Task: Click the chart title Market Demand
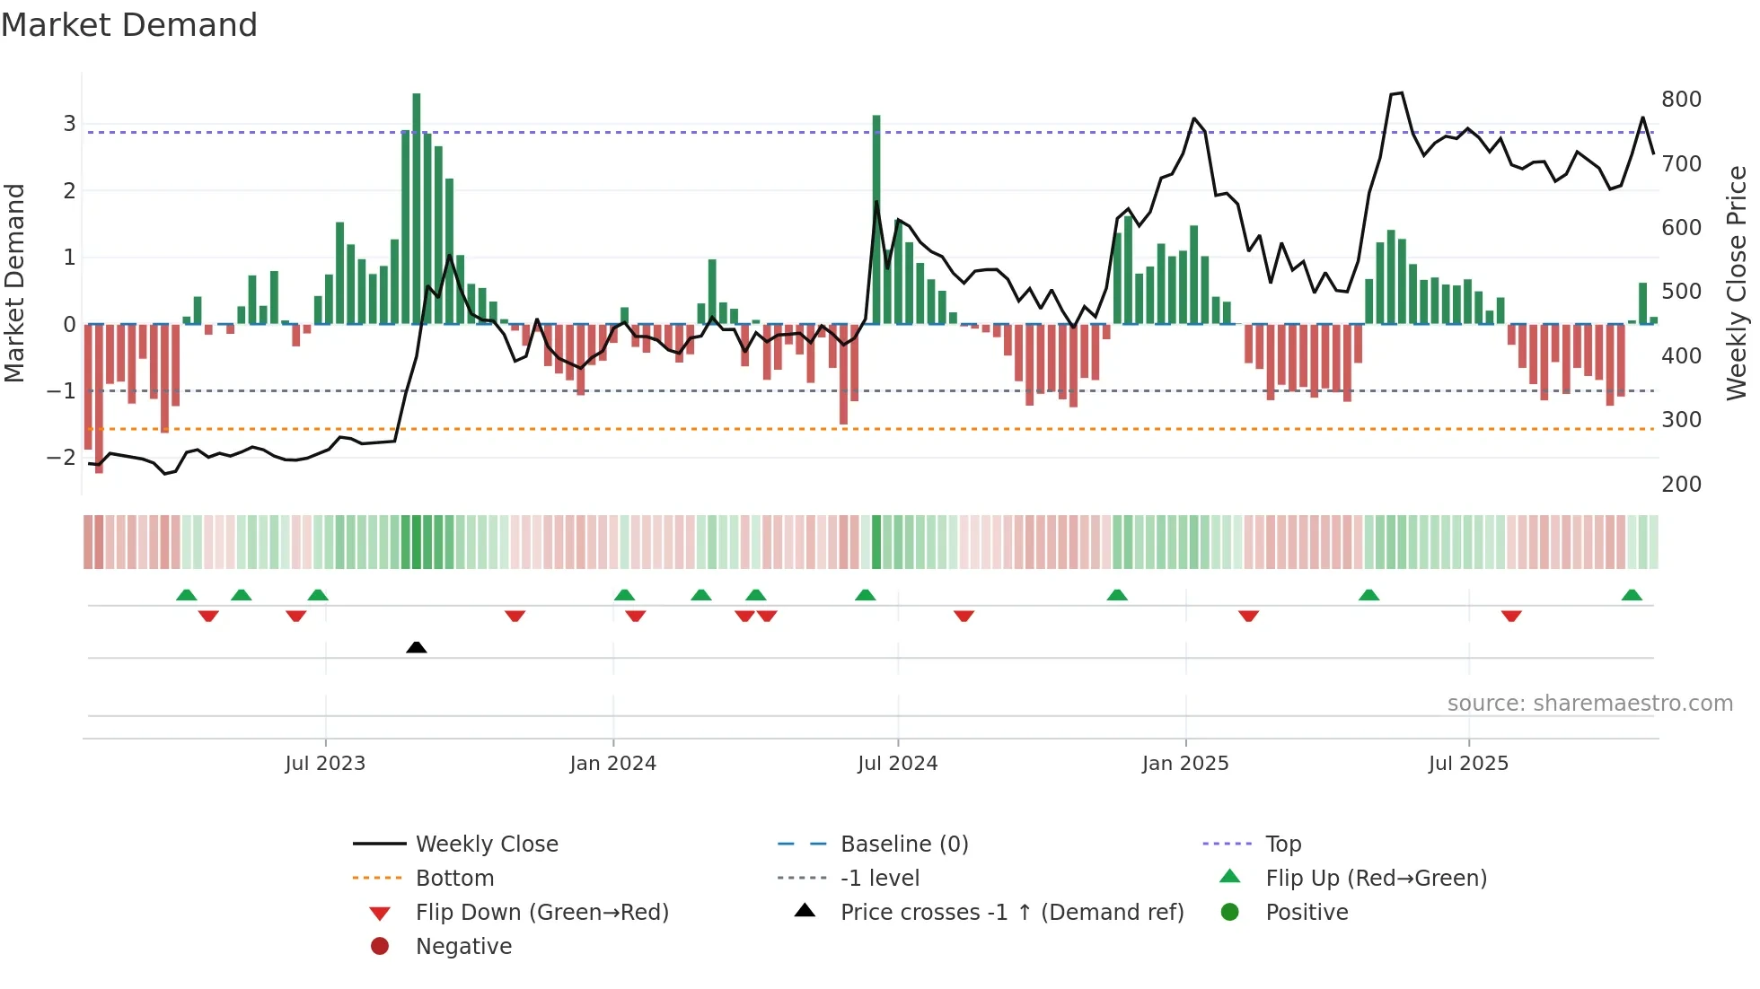coord(129,25)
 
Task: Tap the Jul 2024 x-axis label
coord(897,764)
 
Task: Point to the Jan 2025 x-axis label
coord(1185,764)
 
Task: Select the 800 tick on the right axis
coord(1681,100)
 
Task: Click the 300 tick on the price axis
coord(1681,420)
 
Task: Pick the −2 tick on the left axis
coord(61,458)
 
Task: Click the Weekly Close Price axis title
coord(1737,283)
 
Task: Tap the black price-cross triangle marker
coord(416,647)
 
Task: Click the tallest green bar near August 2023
coord(417,206)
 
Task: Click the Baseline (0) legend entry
coord(903,845)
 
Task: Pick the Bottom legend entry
coord(454,879)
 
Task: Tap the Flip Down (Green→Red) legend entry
coord(541,913)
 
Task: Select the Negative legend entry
coord(463,947)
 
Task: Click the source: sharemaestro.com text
coord(1589,704)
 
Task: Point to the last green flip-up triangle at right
coord(1632,595)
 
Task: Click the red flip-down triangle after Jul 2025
coord(1511,616)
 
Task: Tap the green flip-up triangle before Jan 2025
coord(1117,595)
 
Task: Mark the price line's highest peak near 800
coord(1401,93)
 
